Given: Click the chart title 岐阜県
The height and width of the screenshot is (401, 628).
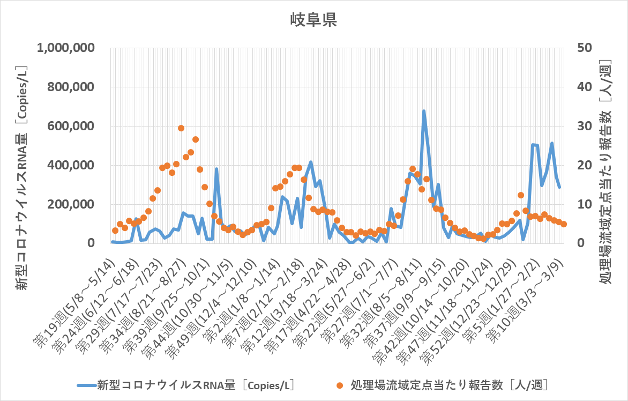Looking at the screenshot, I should point(313,20).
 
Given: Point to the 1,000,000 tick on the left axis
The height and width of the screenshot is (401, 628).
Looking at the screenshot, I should point(66,48).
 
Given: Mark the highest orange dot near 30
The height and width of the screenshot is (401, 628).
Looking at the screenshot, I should point(181,128).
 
